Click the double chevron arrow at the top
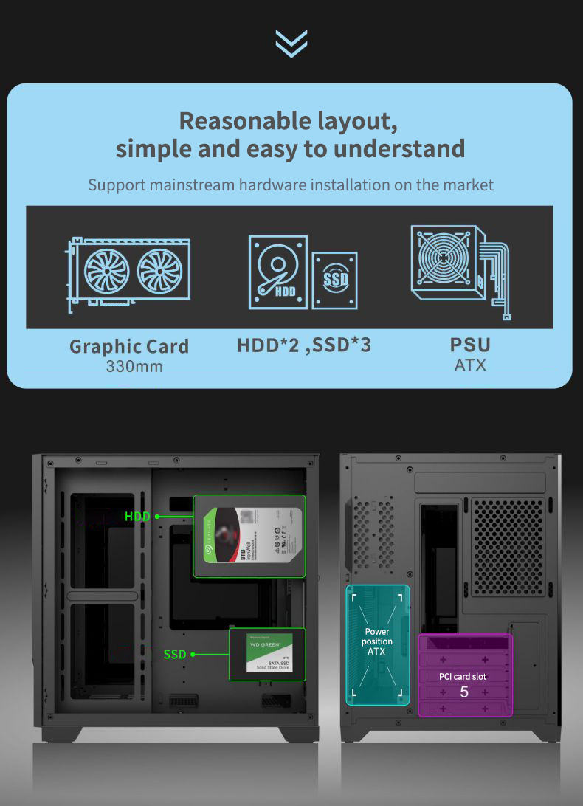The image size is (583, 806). (x=291, y=43)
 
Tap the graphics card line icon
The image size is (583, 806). (x=128, y=271)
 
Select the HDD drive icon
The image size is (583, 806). (x=277, y=271)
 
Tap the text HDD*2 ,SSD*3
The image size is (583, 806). (x=304, y=345)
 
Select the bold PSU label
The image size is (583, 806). (x=470, y=345)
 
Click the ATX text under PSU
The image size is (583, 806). (x=470, y=365)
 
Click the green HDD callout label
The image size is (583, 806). (x=137, y=517)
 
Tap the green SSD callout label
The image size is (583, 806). (x=175, y=654)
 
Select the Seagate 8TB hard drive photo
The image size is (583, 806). (x=249, y=535)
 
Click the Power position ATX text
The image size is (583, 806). (x=376, y=641)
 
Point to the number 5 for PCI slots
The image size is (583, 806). (x=464, y=692)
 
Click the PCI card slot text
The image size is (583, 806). (x=463, y=676)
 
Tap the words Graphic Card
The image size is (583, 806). (x=129, y=346)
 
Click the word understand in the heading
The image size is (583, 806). (x=399, y=148)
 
